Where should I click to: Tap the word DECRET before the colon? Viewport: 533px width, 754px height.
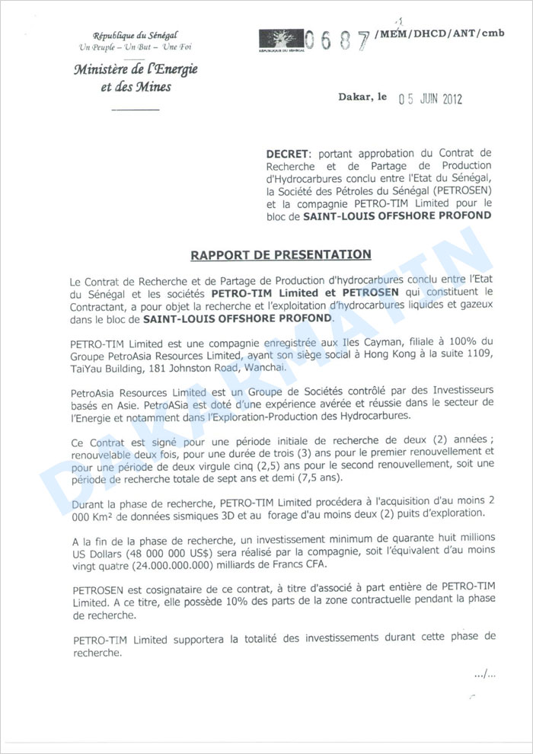(x=283, y=154)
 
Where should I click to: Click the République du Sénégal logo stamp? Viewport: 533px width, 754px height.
(x=281, y=40)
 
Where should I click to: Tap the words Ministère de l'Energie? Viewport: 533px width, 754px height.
(x=136, y=71)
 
